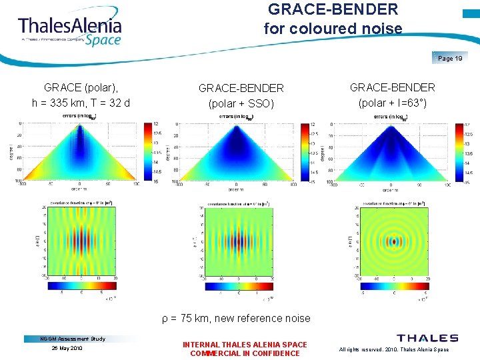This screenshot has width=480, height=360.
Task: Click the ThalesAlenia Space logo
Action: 70,29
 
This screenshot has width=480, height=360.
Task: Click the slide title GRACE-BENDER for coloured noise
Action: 333,19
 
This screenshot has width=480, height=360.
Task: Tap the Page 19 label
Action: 450,59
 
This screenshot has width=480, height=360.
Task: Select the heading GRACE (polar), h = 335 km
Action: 81,95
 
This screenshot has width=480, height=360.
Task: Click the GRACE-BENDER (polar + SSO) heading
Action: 241,95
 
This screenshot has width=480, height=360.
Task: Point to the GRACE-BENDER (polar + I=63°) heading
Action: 393,95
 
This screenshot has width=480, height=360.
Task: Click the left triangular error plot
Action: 79,151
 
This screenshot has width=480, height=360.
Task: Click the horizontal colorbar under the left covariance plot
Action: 79,286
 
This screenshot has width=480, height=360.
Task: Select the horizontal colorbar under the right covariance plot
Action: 393,286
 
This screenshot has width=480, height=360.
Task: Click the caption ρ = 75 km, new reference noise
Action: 236,318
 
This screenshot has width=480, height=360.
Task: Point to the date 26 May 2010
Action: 67,348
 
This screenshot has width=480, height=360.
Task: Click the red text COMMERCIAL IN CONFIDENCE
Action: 245,353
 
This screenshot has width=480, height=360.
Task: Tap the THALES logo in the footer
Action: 427,339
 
